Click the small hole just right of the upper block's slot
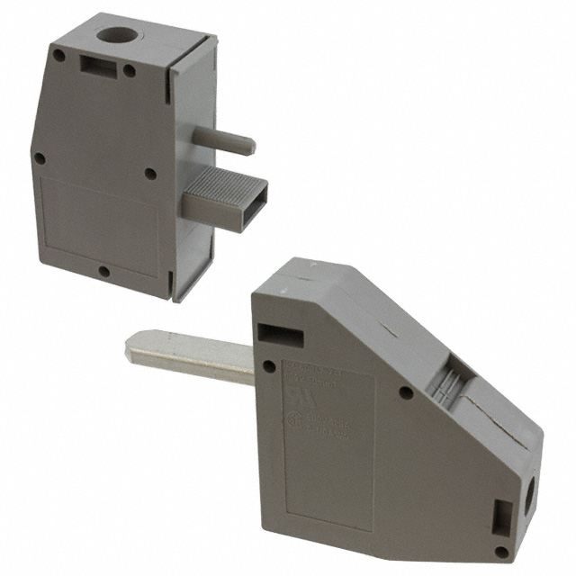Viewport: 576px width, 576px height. tap(130, 69)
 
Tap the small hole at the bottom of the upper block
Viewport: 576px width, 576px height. tap(103, 270)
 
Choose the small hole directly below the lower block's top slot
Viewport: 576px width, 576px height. tap(268, 365)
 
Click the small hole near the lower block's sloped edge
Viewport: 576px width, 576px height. tap(405, 392)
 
